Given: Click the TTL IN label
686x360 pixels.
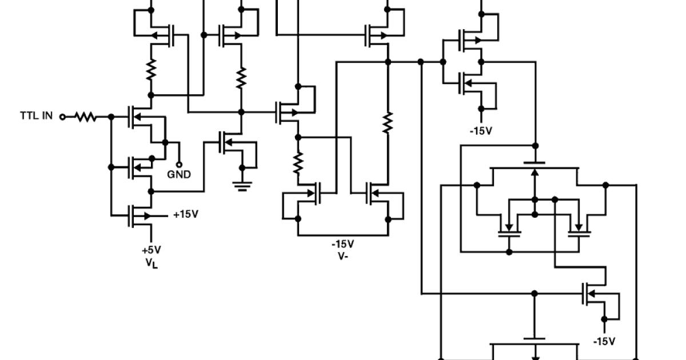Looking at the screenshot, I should (37, 116).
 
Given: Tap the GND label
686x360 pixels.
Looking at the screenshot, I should (179, 174).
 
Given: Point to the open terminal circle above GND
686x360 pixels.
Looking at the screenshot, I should (179, 163).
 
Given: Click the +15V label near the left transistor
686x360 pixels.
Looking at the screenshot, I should (185, 215).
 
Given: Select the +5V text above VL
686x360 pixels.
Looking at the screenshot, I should (151, 250).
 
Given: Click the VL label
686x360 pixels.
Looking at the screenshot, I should (151, 263).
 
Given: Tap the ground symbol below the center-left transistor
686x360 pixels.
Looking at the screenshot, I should (243, 186).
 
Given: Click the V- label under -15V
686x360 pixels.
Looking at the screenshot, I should (343, 256).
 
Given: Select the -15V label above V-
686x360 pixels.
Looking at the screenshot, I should (343, 244).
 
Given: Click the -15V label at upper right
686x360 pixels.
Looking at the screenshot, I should (481, 131).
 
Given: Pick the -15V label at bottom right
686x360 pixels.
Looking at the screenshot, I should (604, 341).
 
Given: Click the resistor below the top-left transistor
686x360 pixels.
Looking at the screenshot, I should (151, 70).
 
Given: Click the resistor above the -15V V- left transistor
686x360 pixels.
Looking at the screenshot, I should (297, 163).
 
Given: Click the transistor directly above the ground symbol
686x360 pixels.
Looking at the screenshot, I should (232, 143).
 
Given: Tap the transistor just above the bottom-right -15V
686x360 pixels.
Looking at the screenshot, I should (595, 294).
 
